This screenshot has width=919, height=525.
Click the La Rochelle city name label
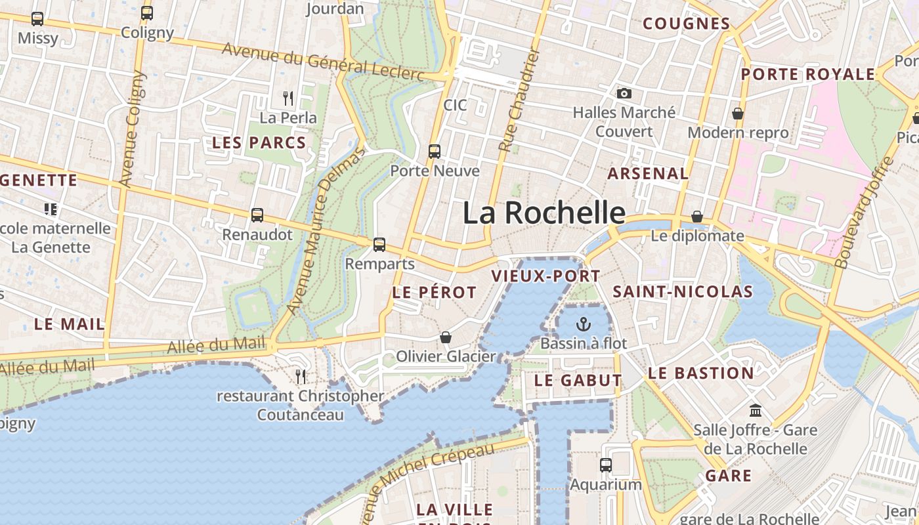[x=544, y=213]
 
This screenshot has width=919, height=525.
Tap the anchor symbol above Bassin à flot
[x=583, y=324]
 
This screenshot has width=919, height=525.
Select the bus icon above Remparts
[x=379, y=245]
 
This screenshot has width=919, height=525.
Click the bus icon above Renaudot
[x=257, y=215]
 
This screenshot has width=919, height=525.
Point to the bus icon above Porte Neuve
[x=435, y=152]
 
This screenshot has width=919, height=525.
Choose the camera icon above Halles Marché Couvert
[x=624, y=94]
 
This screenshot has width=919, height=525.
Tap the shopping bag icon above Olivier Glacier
[x=446, y=337]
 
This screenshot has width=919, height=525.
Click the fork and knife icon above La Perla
[x=288, y=98]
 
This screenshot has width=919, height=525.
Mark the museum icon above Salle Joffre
[x=756, y=410]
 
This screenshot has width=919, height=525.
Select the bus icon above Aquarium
[x=606, y=465]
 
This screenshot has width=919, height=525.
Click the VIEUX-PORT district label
[x=545, y=276]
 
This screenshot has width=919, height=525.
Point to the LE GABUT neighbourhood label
[x=578, y=381]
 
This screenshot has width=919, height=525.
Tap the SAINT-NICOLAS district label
[x=683, y=292]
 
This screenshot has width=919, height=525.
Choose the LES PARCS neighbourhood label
[x=259, y=143]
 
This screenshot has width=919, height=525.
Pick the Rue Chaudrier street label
[x=518, y=100]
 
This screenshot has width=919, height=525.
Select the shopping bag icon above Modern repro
[x=738, y=114]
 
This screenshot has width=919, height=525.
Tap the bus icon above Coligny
[x=147, y=13]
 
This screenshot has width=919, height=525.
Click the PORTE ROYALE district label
[x=808, y=74]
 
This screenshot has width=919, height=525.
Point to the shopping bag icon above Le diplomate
[x=697, y=217]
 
